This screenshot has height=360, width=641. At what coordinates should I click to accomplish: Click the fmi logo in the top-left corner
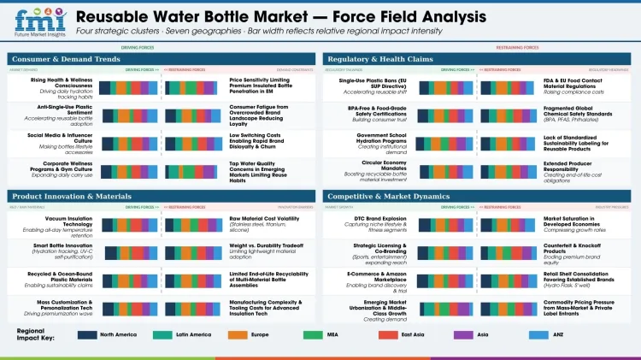click(x=35, y=23)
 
